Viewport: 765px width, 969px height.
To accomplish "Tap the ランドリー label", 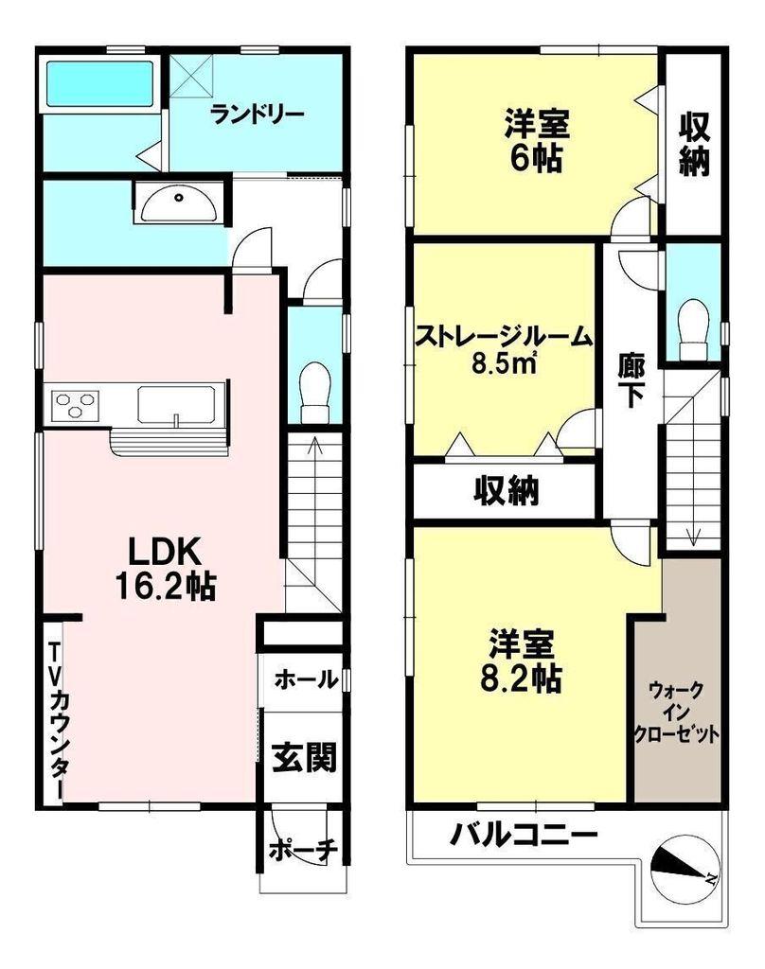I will click(258, 115).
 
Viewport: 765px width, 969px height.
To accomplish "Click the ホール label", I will click(306, 678).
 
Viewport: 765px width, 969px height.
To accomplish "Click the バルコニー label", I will click(524, 836).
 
